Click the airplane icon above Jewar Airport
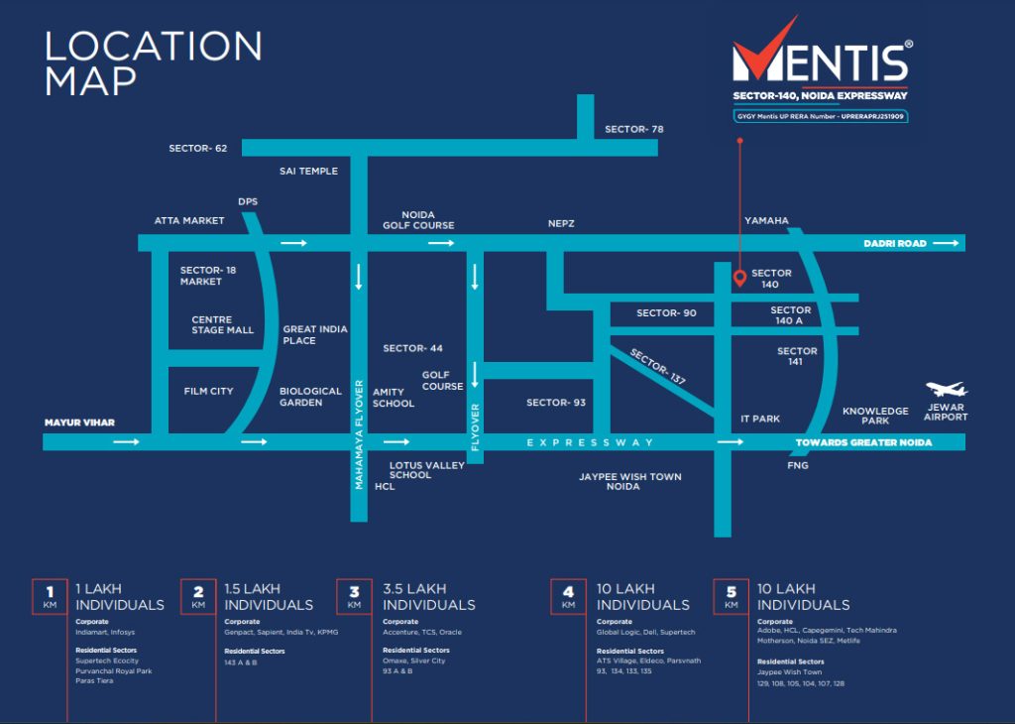pos(946,390)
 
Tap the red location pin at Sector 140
pos(738,278)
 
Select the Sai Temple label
pos(308,171)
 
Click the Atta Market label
pos(189,220)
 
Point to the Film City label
pos(208,391)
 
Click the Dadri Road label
pos(895,243)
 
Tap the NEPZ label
pos(561,224)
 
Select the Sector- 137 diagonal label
pos(658,367)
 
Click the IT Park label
pos(760,419)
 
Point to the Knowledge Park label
pos(875,416)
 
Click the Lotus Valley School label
pos(426,470)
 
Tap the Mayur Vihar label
pos(79,422)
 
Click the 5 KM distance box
pos(732,595)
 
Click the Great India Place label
pos(315,334)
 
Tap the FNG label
pos(798,465)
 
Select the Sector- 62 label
pos(198,148)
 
